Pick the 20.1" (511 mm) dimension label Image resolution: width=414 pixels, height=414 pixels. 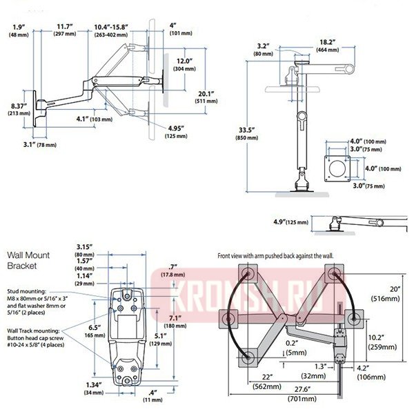[204, 98]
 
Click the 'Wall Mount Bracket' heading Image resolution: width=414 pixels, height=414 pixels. [28, 259]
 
